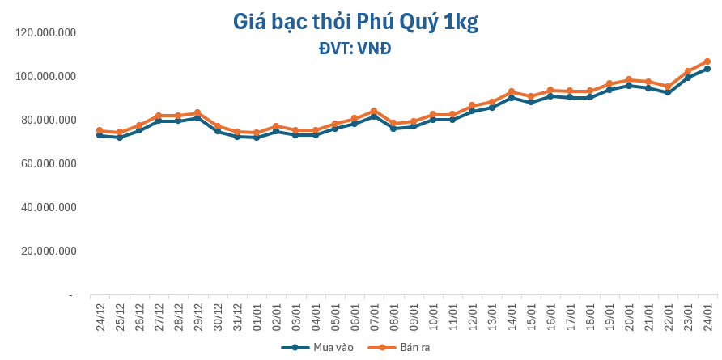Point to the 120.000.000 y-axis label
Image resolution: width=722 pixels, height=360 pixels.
[45, 32]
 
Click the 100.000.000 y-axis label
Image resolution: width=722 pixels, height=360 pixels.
[45, 76]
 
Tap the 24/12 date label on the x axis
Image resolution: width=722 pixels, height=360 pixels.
[100, 312]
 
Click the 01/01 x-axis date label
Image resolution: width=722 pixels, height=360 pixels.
[257, 312]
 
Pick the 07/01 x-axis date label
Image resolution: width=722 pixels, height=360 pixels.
[374, 312]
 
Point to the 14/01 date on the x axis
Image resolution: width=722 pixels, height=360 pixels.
[512, 312]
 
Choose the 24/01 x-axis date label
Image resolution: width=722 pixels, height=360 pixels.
[707, 312]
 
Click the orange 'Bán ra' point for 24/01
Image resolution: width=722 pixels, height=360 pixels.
[707, 61]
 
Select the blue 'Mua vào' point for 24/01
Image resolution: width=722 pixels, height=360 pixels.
[707, 69]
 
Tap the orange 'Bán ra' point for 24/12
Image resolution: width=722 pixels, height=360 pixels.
[100, 130]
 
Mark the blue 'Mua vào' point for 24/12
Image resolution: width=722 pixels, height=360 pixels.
[100, 135]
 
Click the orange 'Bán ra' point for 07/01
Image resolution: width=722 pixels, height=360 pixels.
[374, 111]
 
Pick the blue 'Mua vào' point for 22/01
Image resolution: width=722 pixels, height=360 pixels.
[668, 92]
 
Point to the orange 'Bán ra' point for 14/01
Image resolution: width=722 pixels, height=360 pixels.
[512, 91]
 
